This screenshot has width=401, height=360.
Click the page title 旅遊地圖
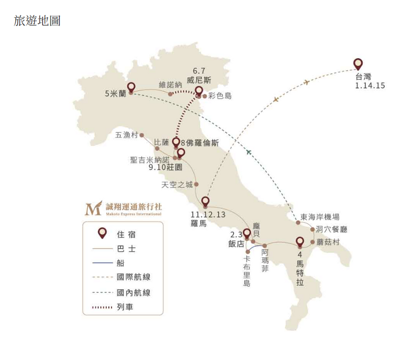point(38,22)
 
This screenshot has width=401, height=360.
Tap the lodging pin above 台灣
point(357,64)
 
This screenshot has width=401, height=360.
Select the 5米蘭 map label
point(115,93)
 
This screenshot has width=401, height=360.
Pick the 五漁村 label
point(126,135)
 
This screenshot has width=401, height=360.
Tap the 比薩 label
point(163,142)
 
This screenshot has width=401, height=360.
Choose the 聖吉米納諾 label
point(150,159)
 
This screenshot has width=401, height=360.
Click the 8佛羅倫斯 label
point(199,142)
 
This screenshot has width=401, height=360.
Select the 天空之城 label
point(177,185)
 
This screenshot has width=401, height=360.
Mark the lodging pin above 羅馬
point(205,201)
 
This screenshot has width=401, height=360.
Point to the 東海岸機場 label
point(320,217)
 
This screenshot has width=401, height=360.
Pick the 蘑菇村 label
point(328,242)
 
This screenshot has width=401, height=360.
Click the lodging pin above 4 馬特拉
point(300,241)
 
